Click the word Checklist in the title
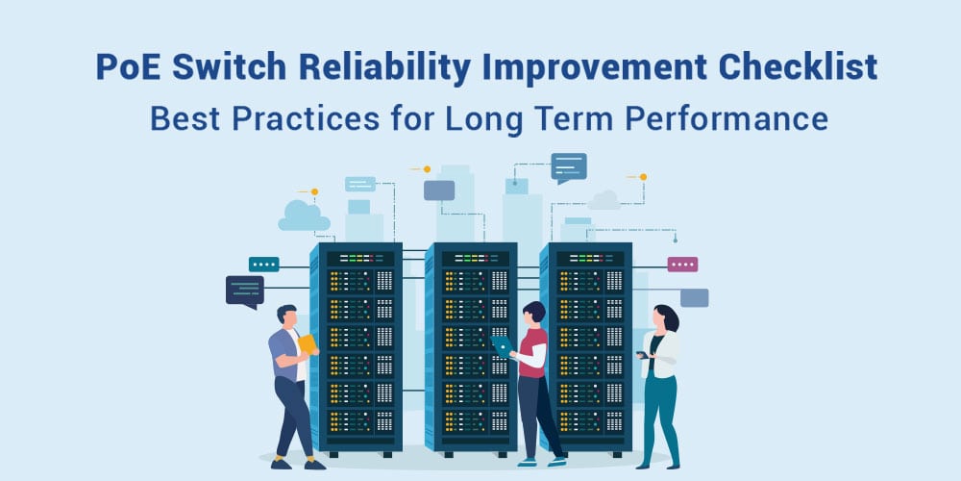797,67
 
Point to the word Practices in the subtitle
307,119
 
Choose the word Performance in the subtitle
727,119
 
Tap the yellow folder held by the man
308,343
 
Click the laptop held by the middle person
502,346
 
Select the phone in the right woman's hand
641,355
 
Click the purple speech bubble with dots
682,265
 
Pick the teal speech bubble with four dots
264,265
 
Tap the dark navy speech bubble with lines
245,291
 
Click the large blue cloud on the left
304,215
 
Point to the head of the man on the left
286,316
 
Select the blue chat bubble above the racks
569,167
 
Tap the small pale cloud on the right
604,200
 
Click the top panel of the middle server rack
472,258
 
